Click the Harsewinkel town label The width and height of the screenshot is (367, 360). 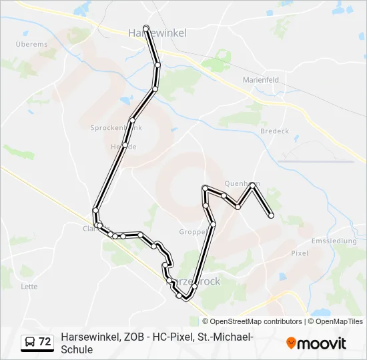point(157,32)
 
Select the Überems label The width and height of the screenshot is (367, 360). point(31,44)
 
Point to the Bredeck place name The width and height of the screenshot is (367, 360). point(274,131)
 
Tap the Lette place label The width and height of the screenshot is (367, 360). point(29,287)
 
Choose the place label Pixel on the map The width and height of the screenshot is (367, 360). point(300,253)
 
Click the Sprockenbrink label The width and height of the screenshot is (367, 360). point(116,127)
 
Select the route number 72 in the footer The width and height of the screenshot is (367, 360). point(45,342)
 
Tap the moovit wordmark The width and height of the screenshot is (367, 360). point(322,343)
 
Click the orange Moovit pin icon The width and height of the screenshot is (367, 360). point(291,343)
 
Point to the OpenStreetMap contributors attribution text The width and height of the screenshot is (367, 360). point(256,321)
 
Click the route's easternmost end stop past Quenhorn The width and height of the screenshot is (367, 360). point(271,215)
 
